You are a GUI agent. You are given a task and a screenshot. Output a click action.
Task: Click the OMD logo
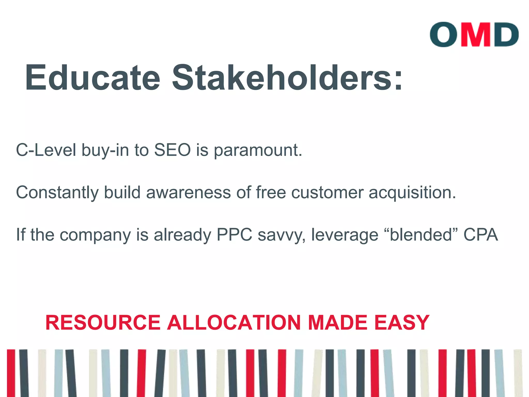coord(474,35)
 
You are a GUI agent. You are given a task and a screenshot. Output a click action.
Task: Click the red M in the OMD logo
coord(476,35)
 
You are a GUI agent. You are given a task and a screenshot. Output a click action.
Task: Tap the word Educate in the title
coord(93,78)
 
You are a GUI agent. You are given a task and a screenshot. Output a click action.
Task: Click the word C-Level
coord(46,150)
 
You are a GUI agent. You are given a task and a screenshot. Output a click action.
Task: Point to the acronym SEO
coord(172,150)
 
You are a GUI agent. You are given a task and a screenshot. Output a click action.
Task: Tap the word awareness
coord(188,193)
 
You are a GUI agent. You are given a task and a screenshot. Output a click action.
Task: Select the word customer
coord(327,193)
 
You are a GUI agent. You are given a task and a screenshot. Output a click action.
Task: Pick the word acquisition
coord(412,193)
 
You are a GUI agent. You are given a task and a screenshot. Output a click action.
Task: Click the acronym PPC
coord(234,235)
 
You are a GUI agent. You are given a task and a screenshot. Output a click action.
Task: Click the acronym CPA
coord(481,235)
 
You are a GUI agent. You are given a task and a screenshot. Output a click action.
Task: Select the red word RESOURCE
coord(103,323)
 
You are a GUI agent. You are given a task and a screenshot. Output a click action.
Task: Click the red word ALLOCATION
coord(234,323)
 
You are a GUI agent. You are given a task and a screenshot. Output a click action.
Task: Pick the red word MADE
coord(338,323)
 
